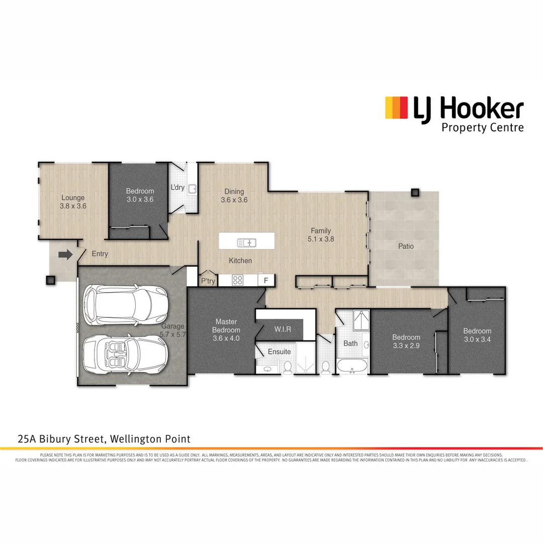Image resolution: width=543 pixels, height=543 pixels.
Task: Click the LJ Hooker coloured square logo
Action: (396, 108)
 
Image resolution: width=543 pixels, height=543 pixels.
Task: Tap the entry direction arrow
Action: (65, 255)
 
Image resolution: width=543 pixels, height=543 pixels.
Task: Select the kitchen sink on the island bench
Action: (247, 243)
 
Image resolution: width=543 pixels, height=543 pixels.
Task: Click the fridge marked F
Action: (266, 280)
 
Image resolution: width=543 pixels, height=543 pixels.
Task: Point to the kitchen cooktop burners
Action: (238, 280)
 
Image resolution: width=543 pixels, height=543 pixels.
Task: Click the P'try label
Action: (208, 281)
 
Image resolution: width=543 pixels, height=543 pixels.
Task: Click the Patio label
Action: (406, 246)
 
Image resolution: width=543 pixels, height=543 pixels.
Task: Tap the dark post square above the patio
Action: (415, 192)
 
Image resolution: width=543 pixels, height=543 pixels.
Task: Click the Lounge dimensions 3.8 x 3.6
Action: (73, 206)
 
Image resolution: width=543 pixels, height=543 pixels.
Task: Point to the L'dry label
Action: (177, 188)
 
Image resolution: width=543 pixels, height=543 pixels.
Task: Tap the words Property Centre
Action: (482, 127)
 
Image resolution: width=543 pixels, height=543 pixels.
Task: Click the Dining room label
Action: (234, 191)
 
